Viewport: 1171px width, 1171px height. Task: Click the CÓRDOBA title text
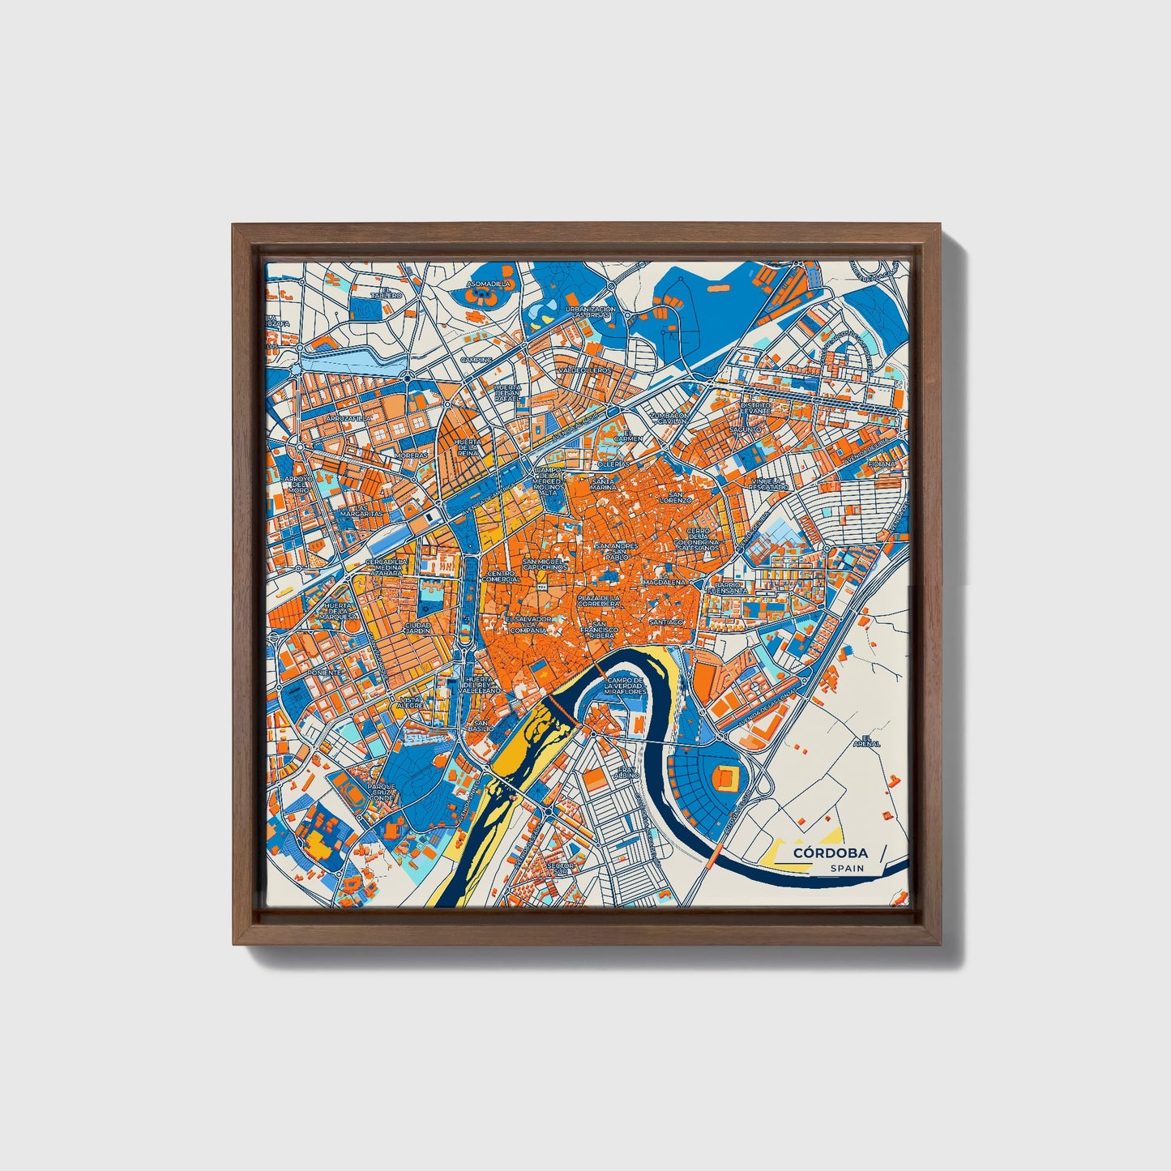click(830, 853)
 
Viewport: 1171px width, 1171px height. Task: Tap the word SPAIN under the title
click(846, 868)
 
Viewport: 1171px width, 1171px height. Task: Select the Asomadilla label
click(489, 284)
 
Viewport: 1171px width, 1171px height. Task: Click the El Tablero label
click(387, 293)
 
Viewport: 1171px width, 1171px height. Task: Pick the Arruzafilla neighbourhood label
click(347, 418)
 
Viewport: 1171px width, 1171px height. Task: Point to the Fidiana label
click(883, 464)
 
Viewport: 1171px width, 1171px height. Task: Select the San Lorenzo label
click(674, 497)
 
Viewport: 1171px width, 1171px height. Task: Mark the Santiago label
click(666, 622)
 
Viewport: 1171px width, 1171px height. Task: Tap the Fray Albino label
click(627, 772)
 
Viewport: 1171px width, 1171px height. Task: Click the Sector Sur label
click(561, 868)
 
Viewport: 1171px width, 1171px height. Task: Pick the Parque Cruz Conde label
click(381, 792)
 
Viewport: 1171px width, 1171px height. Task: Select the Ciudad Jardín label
click(418, 628)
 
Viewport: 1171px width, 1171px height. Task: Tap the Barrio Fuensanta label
click(727, 588)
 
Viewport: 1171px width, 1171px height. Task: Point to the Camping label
click(477, 360)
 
